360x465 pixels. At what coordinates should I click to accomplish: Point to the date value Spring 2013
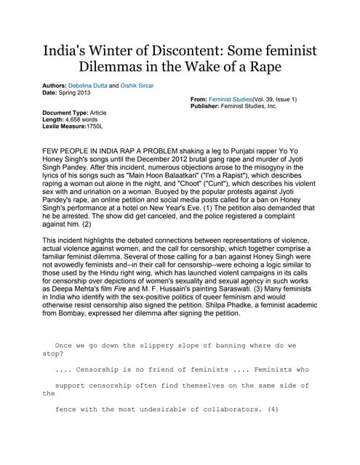tap(77, 92)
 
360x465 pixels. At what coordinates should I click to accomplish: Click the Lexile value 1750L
tap(95, 126)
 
